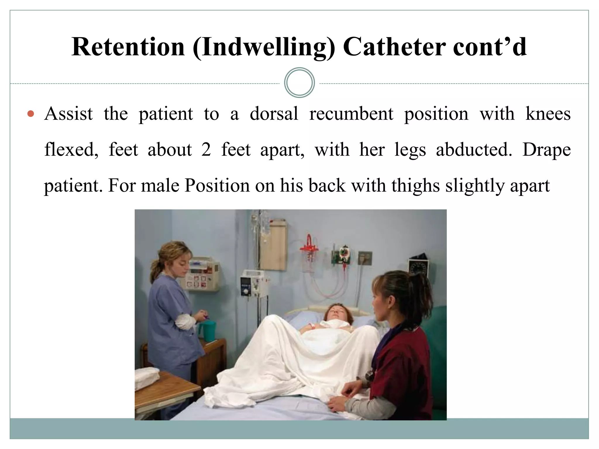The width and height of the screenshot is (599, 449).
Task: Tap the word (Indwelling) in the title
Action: (264, 47)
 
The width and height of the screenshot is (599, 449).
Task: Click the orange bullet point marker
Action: (30, 114)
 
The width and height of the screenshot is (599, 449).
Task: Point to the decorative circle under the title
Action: (299, 83)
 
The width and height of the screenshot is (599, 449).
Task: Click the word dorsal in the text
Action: (274, 114)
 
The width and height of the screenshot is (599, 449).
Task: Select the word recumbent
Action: (351, 114)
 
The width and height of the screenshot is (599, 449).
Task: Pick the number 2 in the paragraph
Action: (206, 150)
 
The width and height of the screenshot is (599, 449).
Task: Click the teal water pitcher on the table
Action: (207, 331)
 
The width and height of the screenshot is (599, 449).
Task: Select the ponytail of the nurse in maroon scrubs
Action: (421, 295)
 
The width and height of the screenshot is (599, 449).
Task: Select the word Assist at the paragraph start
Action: (68, 114)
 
